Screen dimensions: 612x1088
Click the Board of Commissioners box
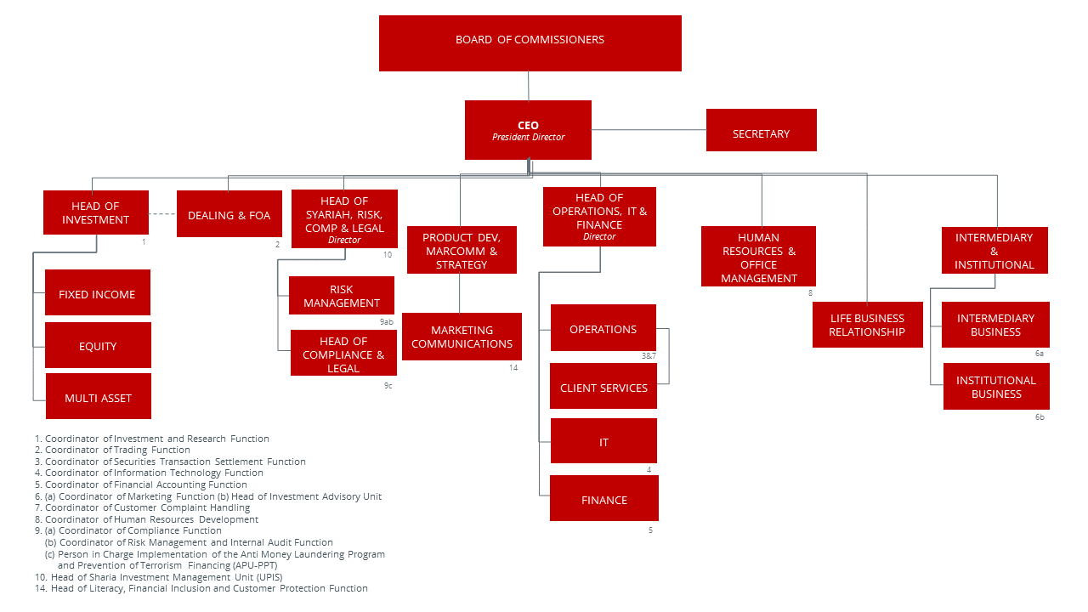pyautogui.click(x=530, y=43)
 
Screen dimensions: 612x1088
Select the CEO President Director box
pyautogui.click(x=528, y=130)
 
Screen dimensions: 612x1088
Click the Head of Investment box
pyautogui.click(x=96, y=212)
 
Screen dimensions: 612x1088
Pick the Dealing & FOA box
pyautogui.click(x=229, y=214)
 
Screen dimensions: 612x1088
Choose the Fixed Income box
pyautogui.click(x=98, y=293)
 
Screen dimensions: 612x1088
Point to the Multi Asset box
pyautogui.click(x=98, y=396)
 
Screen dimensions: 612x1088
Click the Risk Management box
pyautogui.click(x=342, y=296)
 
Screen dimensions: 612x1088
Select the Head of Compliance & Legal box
pyautogui.click(x=343, y=353)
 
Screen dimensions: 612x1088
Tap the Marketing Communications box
pyautogui.click(x=462, y=337)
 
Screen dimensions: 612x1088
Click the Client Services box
pyautogui.click(x=603, y=387)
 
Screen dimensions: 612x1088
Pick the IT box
pyautogui.click(x=603, y=441)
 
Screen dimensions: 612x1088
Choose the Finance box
pyautogui.click(x=603, y=498)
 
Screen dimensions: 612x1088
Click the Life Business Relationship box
pyautogui.click(x=867, y=325)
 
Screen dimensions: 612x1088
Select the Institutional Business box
pyautogui.click(x=996, y=387)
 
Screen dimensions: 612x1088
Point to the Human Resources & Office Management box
pyautogui.click(x=758, y=256)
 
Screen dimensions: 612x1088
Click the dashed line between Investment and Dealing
pyautogui.click(x=162, y=213)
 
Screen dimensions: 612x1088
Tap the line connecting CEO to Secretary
pyautogui.click(x=649, y=130)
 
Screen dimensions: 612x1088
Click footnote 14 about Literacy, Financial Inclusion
pyautogui.click(x=208, y=588)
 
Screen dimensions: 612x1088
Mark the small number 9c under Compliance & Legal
pyautogui.click(x=388, y=385)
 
